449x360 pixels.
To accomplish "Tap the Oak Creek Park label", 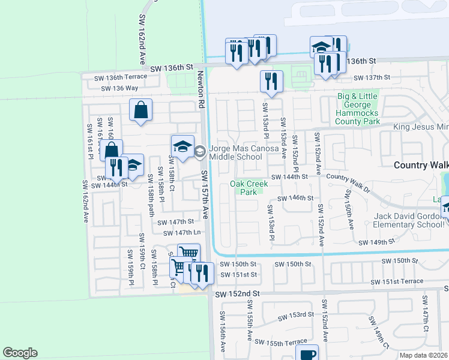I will (244, 188).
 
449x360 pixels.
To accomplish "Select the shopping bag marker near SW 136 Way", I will (140, 110).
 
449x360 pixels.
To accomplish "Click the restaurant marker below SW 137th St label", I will (271, 82).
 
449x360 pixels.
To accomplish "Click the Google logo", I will (20, 353).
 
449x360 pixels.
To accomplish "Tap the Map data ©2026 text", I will (421, 355).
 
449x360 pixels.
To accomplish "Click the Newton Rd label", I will (200, 90).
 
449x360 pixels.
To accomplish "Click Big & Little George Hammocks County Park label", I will (358, 109).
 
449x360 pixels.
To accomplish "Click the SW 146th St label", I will (295, 197).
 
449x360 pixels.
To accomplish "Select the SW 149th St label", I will (377, 242).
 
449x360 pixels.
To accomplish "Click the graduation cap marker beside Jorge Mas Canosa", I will (182, 146).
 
